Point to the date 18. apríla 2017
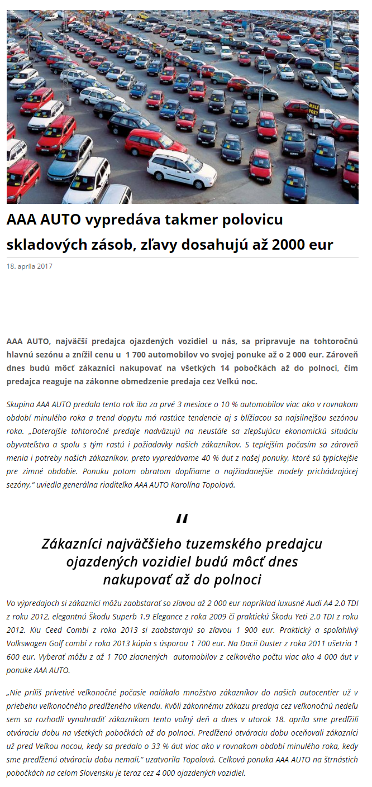[x=30, y=266]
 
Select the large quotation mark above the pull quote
[x=182, y=520]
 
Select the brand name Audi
[x=314, y=603]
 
